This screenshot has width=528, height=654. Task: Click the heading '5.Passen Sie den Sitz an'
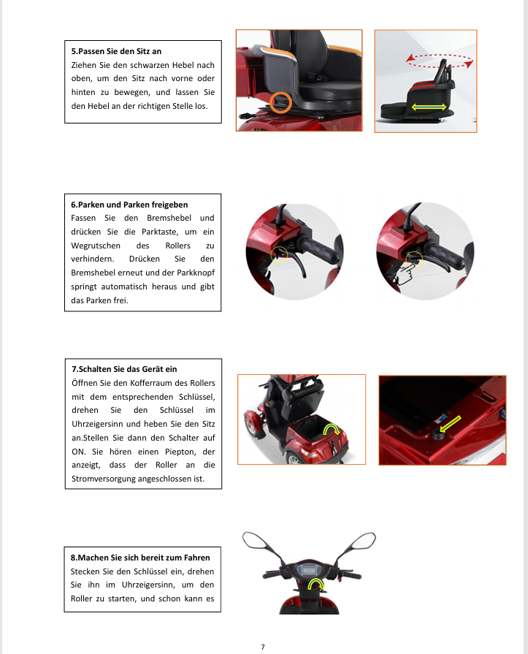point(116,51)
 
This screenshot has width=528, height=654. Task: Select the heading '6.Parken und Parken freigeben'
point(129,205)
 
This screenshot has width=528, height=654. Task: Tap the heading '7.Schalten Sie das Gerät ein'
point(124,369)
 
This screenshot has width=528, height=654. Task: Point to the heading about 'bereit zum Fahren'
point(140,558)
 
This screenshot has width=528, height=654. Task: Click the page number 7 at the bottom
point(263,647)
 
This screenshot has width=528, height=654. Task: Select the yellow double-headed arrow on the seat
point(429,107)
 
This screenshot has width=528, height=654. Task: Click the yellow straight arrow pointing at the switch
point(451,424)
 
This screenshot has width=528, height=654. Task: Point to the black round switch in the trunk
point(438,435)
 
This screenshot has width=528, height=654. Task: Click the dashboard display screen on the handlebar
point(309,570)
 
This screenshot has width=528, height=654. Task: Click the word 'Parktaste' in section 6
point(160,232)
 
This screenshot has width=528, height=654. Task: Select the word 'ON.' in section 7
point(78,452)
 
